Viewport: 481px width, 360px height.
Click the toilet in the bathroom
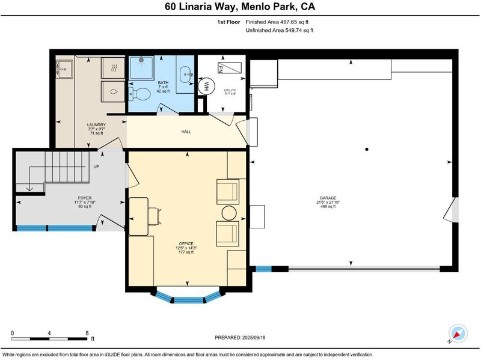(139, 94)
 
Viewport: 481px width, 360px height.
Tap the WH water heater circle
(206, 85)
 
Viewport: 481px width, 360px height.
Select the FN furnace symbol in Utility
(230, 68)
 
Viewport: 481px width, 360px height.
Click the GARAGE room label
(328, 198)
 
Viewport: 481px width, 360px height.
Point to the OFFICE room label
(186, 244)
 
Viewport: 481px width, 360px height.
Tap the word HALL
(186, 132)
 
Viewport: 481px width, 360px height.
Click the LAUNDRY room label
(96, 125)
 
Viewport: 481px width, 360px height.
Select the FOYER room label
(85, 198)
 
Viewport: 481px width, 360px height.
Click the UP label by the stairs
(96, 167)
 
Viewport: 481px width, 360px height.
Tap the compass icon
(458, 334)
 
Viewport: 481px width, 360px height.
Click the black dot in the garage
(367, 149)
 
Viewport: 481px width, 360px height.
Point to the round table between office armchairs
(229, 213)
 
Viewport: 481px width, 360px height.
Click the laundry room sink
(64, 69)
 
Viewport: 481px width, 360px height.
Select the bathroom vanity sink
(185, 74)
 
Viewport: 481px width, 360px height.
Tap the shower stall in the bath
(141, 68)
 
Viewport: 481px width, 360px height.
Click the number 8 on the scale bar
(87, 333)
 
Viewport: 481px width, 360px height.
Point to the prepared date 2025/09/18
(254, 338)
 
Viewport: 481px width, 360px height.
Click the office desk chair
(155, 216)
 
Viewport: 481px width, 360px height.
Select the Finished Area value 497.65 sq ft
(294, 22)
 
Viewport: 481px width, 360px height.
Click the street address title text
(240, 7)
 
